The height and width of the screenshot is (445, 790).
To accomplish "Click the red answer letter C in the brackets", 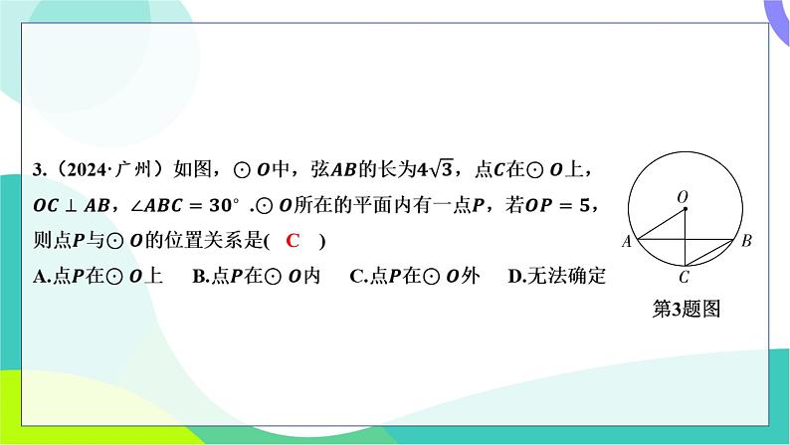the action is point(293,240).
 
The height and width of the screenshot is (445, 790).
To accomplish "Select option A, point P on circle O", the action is point(99,276).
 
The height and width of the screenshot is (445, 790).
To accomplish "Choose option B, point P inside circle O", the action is point(257,276).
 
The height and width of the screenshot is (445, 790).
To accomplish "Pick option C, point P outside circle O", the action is point(415,276).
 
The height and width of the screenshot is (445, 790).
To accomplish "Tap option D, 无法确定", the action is point(557,276).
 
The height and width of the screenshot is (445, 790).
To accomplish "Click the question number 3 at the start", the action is point(38,170).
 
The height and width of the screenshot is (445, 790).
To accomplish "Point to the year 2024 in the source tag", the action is point(87,170).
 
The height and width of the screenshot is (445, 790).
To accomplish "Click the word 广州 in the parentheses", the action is point(132,169).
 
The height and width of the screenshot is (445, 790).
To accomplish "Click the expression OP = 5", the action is point(556,205).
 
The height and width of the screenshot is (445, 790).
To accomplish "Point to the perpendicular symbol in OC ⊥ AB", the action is point(71,206).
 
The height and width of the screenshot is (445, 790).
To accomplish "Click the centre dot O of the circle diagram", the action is point(686,208).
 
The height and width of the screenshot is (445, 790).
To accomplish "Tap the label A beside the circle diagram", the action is point(626,241).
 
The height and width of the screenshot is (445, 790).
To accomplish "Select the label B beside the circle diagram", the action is point(746,241).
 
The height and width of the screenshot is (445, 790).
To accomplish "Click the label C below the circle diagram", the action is point(684,277).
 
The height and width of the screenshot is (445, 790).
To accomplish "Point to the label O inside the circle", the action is point(683,196).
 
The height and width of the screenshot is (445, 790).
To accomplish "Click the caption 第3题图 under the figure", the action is point(687,309).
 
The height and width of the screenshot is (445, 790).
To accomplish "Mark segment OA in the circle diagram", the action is point(662,223).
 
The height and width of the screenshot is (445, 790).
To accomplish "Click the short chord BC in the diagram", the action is point(708,253).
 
